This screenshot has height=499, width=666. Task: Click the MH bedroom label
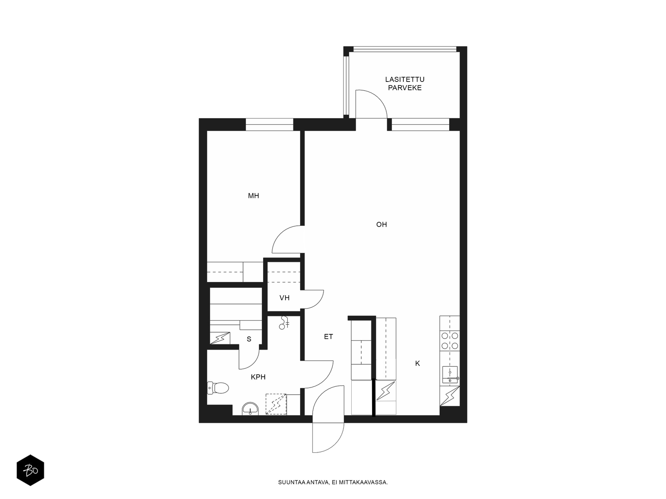[x=253, y=196]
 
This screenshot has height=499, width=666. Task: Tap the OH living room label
[x=381, y=225]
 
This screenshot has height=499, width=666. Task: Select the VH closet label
[x=284, y=298]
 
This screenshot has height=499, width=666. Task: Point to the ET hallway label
[x=328, y=336]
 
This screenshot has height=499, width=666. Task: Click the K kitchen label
[x=417, y=363]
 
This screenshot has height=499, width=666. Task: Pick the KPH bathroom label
[x=258, y=377]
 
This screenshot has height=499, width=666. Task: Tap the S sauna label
[x=249, y=339]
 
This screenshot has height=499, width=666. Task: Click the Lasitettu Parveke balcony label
[x=405, y=84]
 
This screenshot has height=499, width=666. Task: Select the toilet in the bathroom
[x=218, y=388]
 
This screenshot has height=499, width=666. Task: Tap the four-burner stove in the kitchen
[x=450, y=341]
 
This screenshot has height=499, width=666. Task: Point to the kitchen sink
[x=450, y=375]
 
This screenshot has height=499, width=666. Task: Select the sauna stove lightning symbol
[x=220, y=338]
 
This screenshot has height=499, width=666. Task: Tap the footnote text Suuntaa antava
[x=303, y=482]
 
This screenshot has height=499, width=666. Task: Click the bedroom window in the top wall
[x=269, y=124]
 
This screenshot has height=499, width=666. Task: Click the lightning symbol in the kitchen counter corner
[x=450, y=396]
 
